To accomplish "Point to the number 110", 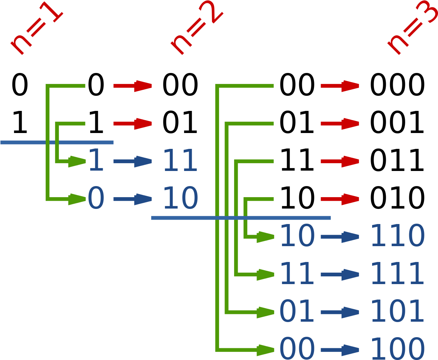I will pyautogui.click(x=398, y=236).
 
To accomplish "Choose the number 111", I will pyautogui.click(x=398, y=274).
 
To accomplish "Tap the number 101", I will pyautogui.click(x=398, y=312).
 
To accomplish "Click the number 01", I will pyautogui.click(x=297, y=312).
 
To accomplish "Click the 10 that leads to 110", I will pyautogui.click(x=297, y=236).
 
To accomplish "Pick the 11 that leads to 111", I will pyautogui.click(x=297, y=274).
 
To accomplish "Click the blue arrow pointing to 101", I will pyautogui.click(x=340, y=312).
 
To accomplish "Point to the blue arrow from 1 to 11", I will pyautogui.click(x=133, y=161).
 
